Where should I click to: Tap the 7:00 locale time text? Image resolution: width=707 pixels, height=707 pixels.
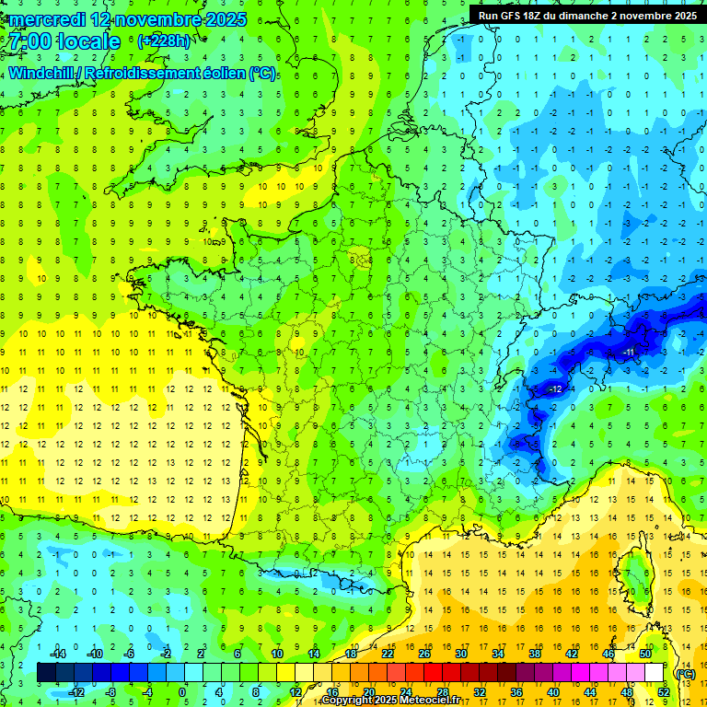64,42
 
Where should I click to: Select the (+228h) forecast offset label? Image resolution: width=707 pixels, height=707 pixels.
164,41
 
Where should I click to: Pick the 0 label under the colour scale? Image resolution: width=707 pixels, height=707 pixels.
182,691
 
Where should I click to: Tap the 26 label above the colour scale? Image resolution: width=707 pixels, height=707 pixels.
424,654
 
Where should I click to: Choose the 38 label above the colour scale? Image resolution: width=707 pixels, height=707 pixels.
535,654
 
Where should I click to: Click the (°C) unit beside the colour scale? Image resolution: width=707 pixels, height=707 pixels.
685,674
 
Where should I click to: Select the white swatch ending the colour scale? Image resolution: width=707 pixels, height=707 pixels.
654,673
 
